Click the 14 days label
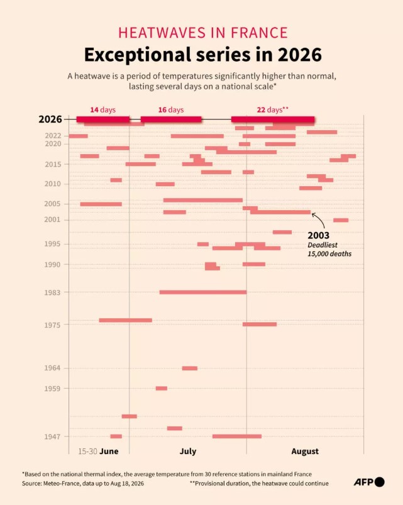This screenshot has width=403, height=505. point(102,110)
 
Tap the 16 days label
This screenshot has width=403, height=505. point(171,110)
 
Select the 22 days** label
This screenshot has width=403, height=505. point(273,110)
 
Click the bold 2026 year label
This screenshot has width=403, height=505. point(50,119)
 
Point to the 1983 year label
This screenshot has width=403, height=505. point(52,292)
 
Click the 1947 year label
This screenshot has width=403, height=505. point(52,436)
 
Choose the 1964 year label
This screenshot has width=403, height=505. point(52,368)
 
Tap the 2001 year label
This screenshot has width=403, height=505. point(52,219)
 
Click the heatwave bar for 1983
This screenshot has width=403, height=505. point(203,292)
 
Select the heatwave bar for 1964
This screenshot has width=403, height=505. point(190,368)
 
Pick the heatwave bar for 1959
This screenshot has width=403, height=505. point(162,388)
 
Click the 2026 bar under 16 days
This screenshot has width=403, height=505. point(171,119)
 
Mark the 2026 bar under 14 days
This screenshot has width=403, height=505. point(103,119)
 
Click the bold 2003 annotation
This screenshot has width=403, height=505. point(318,235)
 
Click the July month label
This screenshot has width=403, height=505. point(188,451)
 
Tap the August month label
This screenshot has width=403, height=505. point(305,451)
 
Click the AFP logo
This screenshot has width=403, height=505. point(369,482)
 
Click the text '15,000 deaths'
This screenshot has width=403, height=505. point(329,254)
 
